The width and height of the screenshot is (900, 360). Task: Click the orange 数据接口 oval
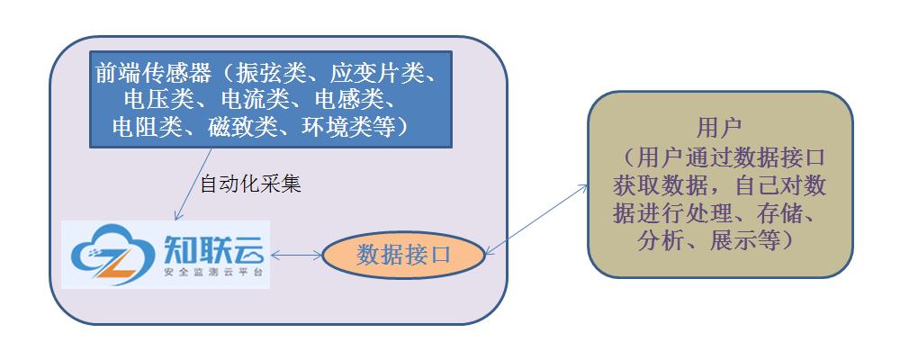(x=403, y=255)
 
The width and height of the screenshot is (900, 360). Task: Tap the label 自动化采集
(x=249, y=185)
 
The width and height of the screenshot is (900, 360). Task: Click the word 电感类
(x=348, y=100)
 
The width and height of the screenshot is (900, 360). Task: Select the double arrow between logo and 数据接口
(x=296, y=256)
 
